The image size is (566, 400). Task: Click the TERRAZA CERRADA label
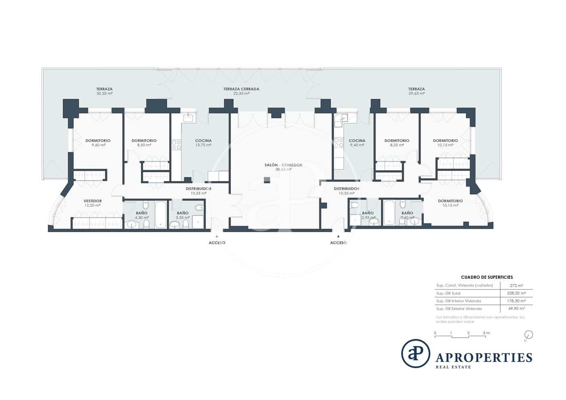pyautogui.click(x=241, y=89)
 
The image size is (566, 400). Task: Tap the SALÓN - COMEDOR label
pyautogui.click(x=283, y=165)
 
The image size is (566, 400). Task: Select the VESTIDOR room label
pyautogui.click(x=93, y=201)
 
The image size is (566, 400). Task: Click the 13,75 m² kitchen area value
pyautogui.click(x=203, y=145)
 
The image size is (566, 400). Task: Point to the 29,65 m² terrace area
pyautogui.click(x=416, y=93)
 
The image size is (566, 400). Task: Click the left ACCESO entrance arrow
pyautogui.click(x=217, y=236)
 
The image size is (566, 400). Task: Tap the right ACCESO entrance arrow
pyautogui.click(x=338, y=236)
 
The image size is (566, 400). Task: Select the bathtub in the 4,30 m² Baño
pyautogui.click(x=161, y=214)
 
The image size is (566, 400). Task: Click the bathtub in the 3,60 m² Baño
pyautogui.click(x=389, y=212)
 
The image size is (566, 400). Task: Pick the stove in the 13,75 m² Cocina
pyautogui.click(x=176, y=145)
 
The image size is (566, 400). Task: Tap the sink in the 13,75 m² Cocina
pyautogui.click(x=188, y=118)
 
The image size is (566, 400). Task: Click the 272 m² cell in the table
pyautogui.click(x=516, y=286)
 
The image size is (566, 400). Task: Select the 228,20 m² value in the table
pyautogui.click(x=516, y=293)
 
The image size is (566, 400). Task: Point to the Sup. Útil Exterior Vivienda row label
pyautogui.click(x=459, y=309)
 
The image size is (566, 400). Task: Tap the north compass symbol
pyautogui.click(x=528, y=335)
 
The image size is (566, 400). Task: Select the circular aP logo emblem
pyautogui.click(x=415, y=353)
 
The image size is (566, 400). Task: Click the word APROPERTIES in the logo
pyautogui.click(x=484, y=358)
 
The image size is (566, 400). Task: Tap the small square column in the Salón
pyautogui.click(x=266, y=180)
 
